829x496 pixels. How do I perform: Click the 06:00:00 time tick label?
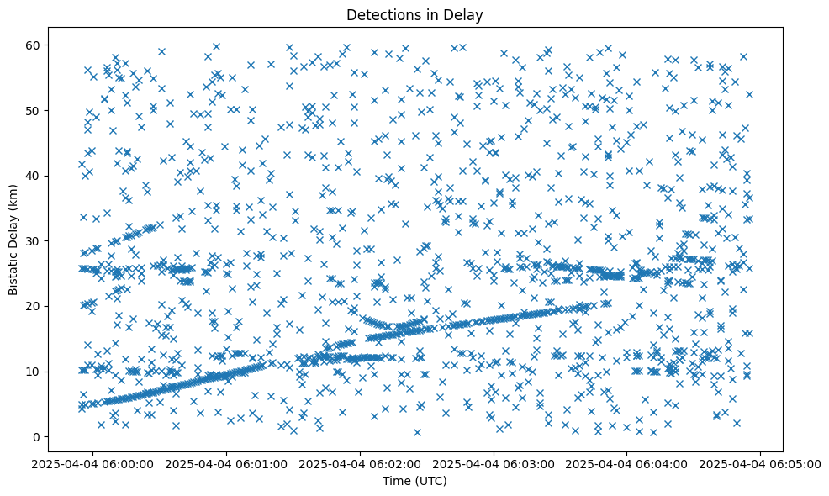(94, 464)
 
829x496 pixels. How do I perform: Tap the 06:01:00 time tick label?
(228, 464)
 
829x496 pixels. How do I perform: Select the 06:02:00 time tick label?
(362, 464)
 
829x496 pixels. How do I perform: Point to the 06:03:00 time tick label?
(494, 464)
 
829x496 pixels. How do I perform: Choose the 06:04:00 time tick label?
(627, 464)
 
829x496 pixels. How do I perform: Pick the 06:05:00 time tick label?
(761, 464)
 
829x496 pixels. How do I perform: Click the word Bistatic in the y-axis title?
(13, 270)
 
